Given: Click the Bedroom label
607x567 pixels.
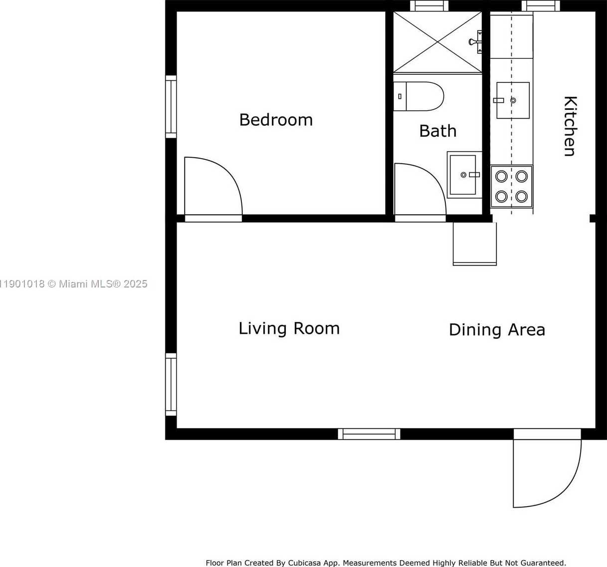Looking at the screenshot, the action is point(276,120).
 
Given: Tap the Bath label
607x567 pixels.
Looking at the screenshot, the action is point(438,131).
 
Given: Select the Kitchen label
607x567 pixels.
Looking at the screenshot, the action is point(570,126).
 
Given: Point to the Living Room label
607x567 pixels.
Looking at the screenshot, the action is point(289,328).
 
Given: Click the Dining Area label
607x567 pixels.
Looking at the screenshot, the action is point(497,330).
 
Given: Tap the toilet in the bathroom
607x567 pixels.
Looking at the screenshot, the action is point(418,96).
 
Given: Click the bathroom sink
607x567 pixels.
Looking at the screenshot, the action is point(464,175).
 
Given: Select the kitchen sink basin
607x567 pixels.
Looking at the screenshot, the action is point(513,100).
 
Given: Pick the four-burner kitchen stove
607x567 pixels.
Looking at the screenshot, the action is point(512,186).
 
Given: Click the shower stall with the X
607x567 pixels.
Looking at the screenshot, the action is point(437,42).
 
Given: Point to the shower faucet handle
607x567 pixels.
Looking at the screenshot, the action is point(475,41).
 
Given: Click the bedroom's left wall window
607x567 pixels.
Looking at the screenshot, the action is point(171,107).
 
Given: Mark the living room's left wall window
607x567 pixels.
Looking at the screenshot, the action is point(171,385).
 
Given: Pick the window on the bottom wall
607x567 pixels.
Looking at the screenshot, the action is point(369,434).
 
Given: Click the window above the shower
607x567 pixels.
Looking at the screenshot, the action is point(429,6).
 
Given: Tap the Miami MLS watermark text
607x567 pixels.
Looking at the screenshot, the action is point(74,284).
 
